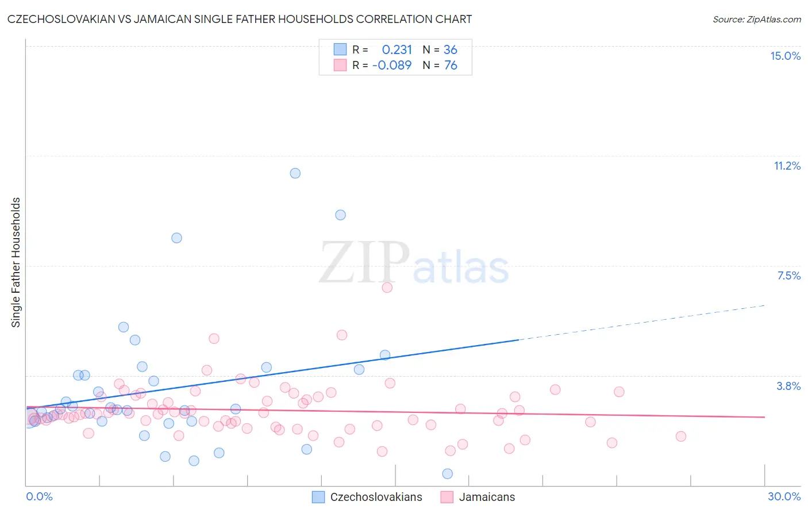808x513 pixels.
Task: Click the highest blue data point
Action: coord(295,173)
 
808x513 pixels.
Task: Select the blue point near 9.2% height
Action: coord(340,215)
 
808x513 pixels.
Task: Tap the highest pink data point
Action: coord(387,287)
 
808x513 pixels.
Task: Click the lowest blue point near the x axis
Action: coord(448,473)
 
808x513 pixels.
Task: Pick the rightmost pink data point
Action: coord(681,436)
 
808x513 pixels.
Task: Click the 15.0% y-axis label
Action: coord(785,56)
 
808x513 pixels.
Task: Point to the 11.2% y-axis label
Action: coord(787,166)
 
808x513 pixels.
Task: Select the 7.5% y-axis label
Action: coord(788,275)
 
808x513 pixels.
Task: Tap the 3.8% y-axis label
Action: coord(788,386)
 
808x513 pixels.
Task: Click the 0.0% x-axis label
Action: coord(39,496)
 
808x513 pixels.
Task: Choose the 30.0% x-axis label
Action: coord(784,496)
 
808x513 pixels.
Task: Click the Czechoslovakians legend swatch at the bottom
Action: coord(318,497)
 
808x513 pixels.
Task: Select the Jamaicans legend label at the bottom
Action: coord(487,497)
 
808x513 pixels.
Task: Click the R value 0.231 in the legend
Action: coord(397,49)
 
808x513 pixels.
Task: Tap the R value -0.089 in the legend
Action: coord(392,65)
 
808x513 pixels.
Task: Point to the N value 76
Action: coord(451,65)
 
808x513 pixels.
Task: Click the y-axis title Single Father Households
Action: coord(16,262)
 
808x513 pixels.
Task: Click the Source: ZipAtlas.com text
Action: coord(756,20)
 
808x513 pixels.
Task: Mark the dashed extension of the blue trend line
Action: coord(644,321)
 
